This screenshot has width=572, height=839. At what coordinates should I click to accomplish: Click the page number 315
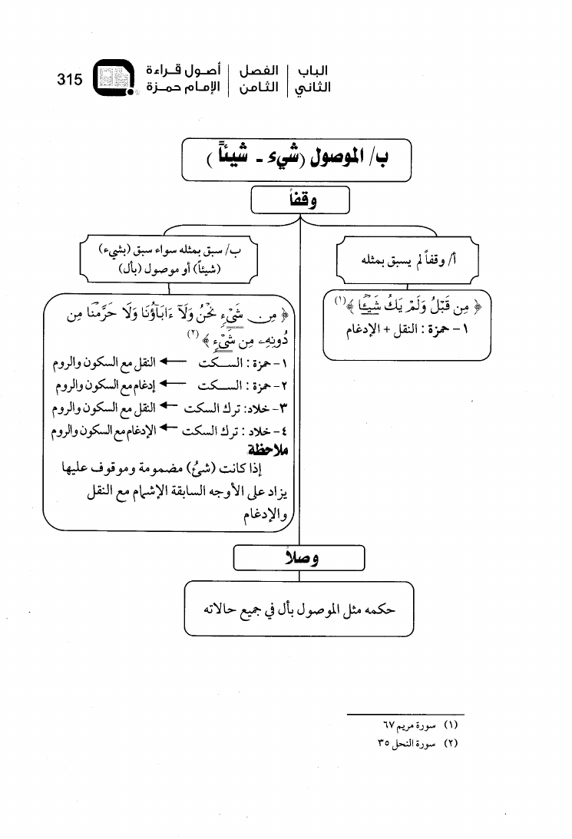69,79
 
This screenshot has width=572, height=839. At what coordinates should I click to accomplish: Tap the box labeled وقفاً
299,201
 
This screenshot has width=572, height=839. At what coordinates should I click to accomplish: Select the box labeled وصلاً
299,558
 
